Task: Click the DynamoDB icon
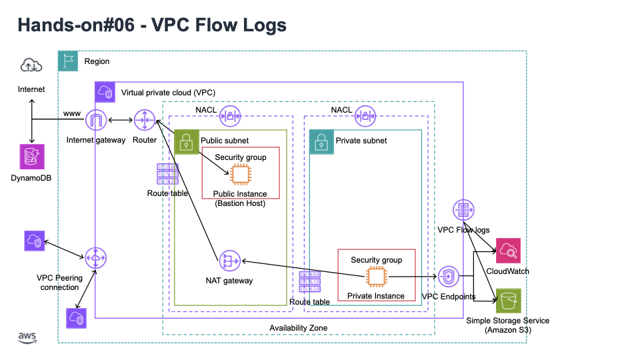[31, 158]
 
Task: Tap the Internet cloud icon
[31, 65]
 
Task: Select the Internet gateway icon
[96, 121]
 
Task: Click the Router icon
[144, 121]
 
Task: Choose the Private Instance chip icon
[377, 277]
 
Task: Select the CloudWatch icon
[508, 251]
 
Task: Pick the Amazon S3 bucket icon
[508, 301]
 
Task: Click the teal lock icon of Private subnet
[320, 141]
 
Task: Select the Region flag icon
[68, 61]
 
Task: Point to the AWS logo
[27, 338]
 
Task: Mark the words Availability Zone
[298, 328]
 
